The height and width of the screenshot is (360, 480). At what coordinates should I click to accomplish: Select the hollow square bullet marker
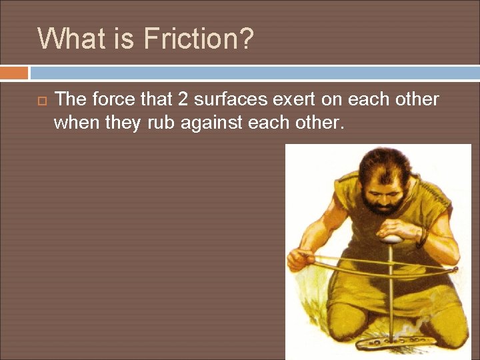[39, 101]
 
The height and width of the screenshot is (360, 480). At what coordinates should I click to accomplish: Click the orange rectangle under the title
[14, 72]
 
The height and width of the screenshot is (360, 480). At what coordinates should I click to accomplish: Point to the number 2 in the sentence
[184, 99]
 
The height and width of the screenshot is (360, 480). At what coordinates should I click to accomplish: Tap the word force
[115, 99]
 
